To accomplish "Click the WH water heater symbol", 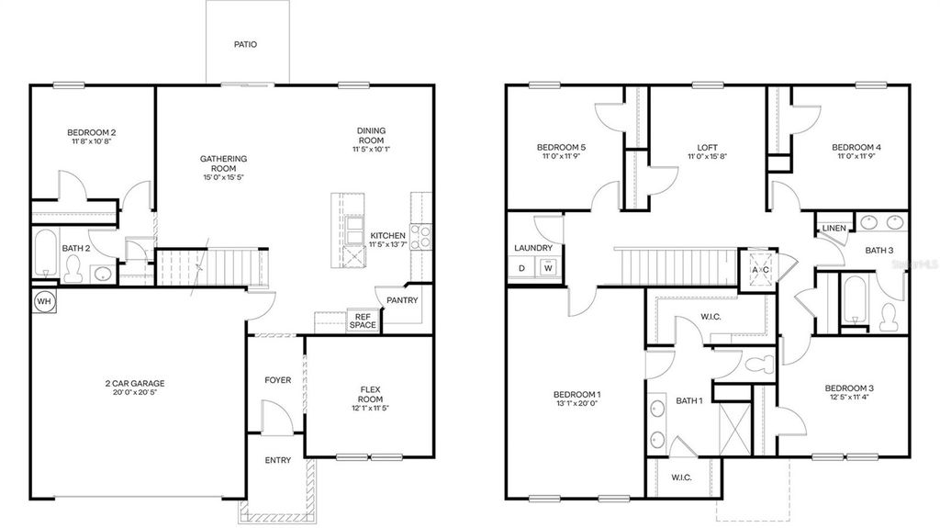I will (x=43, y=301).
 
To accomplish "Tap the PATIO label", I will (x=245, y=43).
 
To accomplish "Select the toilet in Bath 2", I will (x=73, y=267).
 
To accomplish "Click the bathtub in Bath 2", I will (x=45, y=253).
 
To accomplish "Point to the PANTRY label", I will (x=402, y=300).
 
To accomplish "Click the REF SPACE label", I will (x=364, y=320).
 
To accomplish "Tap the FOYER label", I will (x=277, y=380).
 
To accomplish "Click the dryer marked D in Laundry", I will (x=522, y=267).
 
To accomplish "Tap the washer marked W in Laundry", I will (x=548, y=267).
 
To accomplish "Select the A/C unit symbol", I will (x=761, y=270).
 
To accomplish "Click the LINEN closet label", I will (x=834, y=228).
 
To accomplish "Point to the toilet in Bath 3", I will (x=888, y=315).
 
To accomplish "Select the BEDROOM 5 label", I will (x=561, y=147).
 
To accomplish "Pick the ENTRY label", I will (x=277, y=460).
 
